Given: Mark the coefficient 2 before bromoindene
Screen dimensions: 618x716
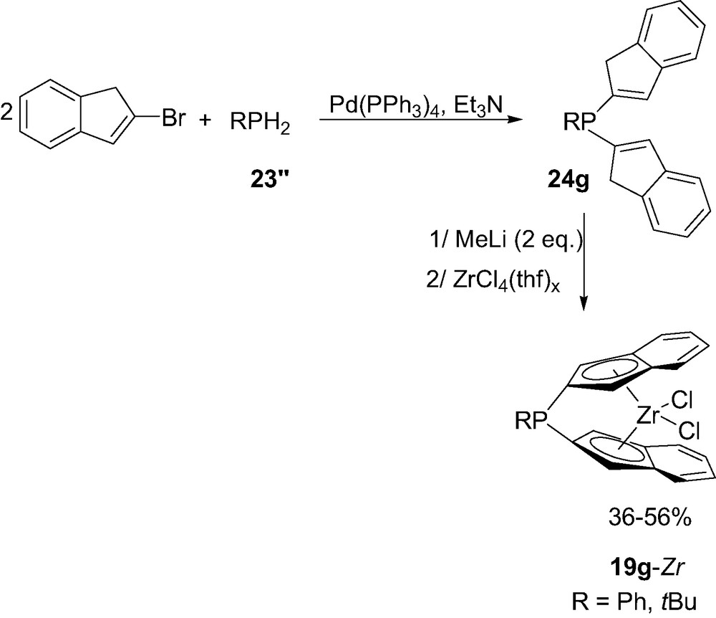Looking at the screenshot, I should tap(6, 113).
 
